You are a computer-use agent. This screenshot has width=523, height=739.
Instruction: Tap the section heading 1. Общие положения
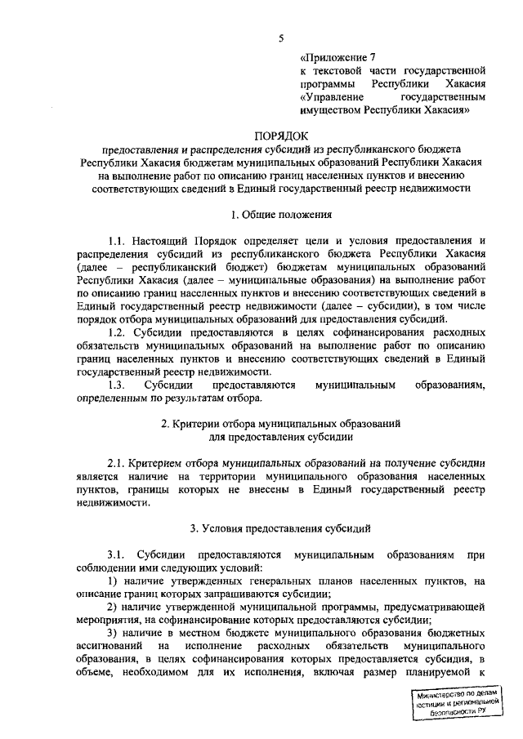point(282,216)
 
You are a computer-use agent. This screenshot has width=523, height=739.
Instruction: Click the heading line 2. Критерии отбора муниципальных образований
point(281,424)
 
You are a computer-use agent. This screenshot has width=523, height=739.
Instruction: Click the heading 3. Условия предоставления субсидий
point(281,528)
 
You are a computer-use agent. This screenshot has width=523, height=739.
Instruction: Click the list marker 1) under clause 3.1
point(113,581)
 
